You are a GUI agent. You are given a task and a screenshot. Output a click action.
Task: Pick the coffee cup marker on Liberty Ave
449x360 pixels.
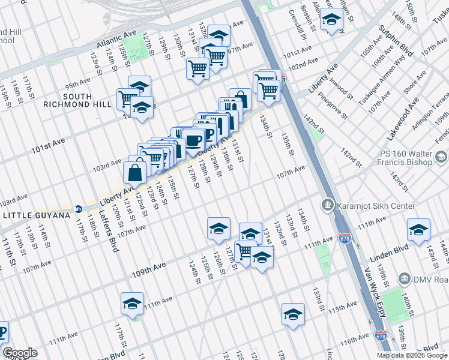193,141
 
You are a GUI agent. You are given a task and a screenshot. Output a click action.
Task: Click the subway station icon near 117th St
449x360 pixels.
78,209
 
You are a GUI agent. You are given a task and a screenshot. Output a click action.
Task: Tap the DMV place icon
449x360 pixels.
403,279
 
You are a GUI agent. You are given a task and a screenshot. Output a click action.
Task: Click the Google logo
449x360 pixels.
20,353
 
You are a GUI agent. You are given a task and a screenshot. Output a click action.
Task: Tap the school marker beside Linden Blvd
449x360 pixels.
418,229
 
